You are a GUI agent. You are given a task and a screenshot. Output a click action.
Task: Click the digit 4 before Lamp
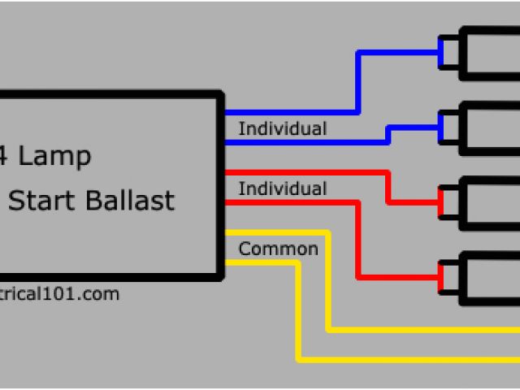4,157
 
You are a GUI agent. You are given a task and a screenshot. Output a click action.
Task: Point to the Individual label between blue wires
282,128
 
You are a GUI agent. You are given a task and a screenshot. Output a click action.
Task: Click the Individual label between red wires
282,189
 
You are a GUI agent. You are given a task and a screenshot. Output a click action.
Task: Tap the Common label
278,249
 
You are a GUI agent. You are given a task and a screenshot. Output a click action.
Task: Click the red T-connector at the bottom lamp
440,276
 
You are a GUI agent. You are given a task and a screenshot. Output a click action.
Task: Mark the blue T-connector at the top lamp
440,54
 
